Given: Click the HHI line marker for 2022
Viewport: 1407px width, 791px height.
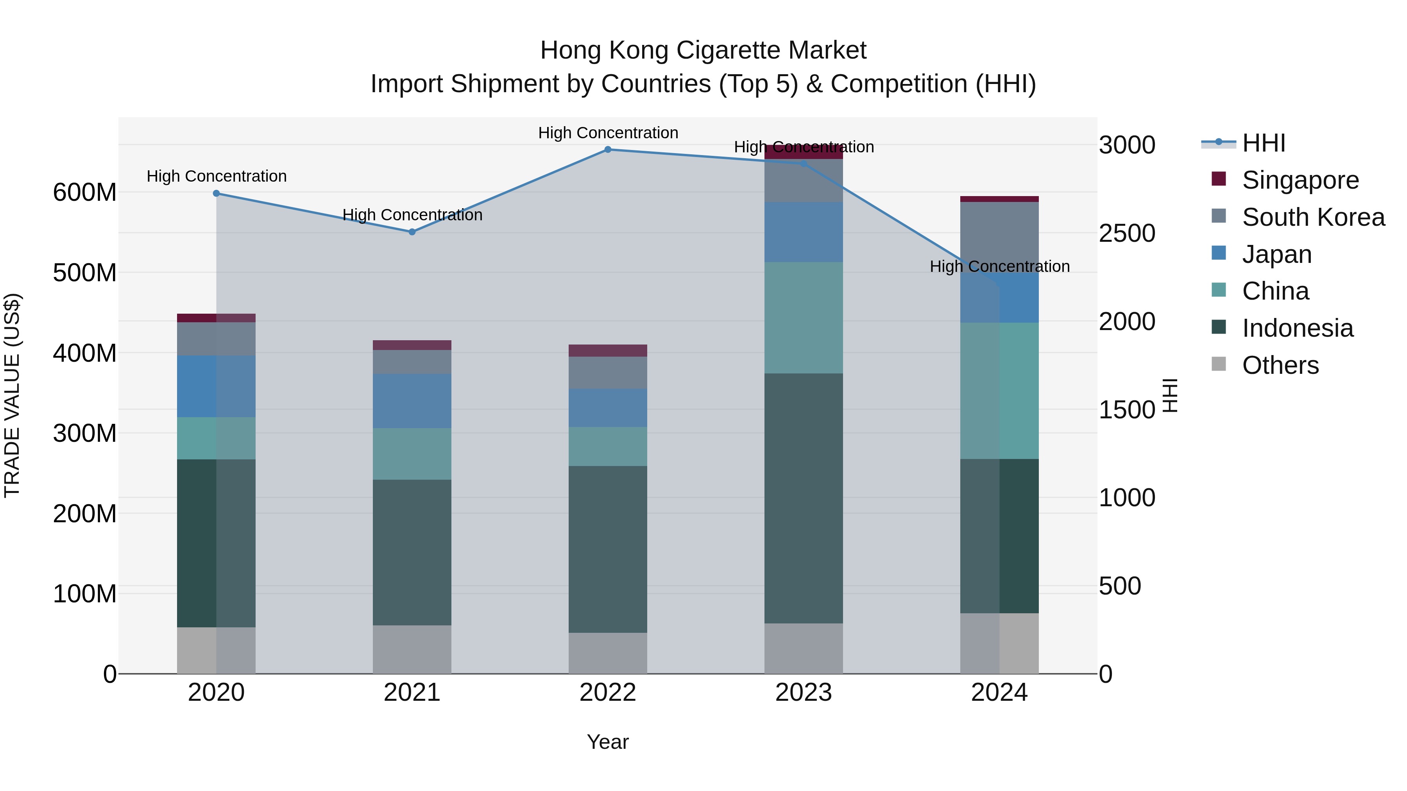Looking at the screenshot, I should point(607,150).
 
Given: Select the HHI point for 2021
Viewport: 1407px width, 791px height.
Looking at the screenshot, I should point(412,232).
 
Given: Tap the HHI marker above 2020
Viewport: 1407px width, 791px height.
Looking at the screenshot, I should point(216,193).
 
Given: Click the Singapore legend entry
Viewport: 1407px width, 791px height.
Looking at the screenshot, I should point(1300,180).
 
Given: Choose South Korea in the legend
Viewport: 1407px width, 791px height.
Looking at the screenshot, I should point(1313,217).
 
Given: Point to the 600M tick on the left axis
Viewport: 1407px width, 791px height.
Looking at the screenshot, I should point(85,193).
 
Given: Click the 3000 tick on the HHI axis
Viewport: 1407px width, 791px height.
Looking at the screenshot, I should point(1127,146).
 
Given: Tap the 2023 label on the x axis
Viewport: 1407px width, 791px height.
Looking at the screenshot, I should point(804,693).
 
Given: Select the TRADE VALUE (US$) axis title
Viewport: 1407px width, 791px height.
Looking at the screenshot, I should point(12,395).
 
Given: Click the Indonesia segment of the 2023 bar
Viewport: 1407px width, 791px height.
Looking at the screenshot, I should point(804,498).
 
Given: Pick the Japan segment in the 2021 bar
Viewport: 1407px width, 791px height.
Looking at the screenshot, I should point(412,401).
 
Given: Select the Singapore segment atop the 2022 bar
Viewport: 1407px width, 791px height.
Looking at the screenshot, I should point(607,350).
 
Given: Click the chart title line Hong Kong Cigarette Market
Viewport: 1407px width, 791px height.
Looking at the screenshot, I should point(703,50).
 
